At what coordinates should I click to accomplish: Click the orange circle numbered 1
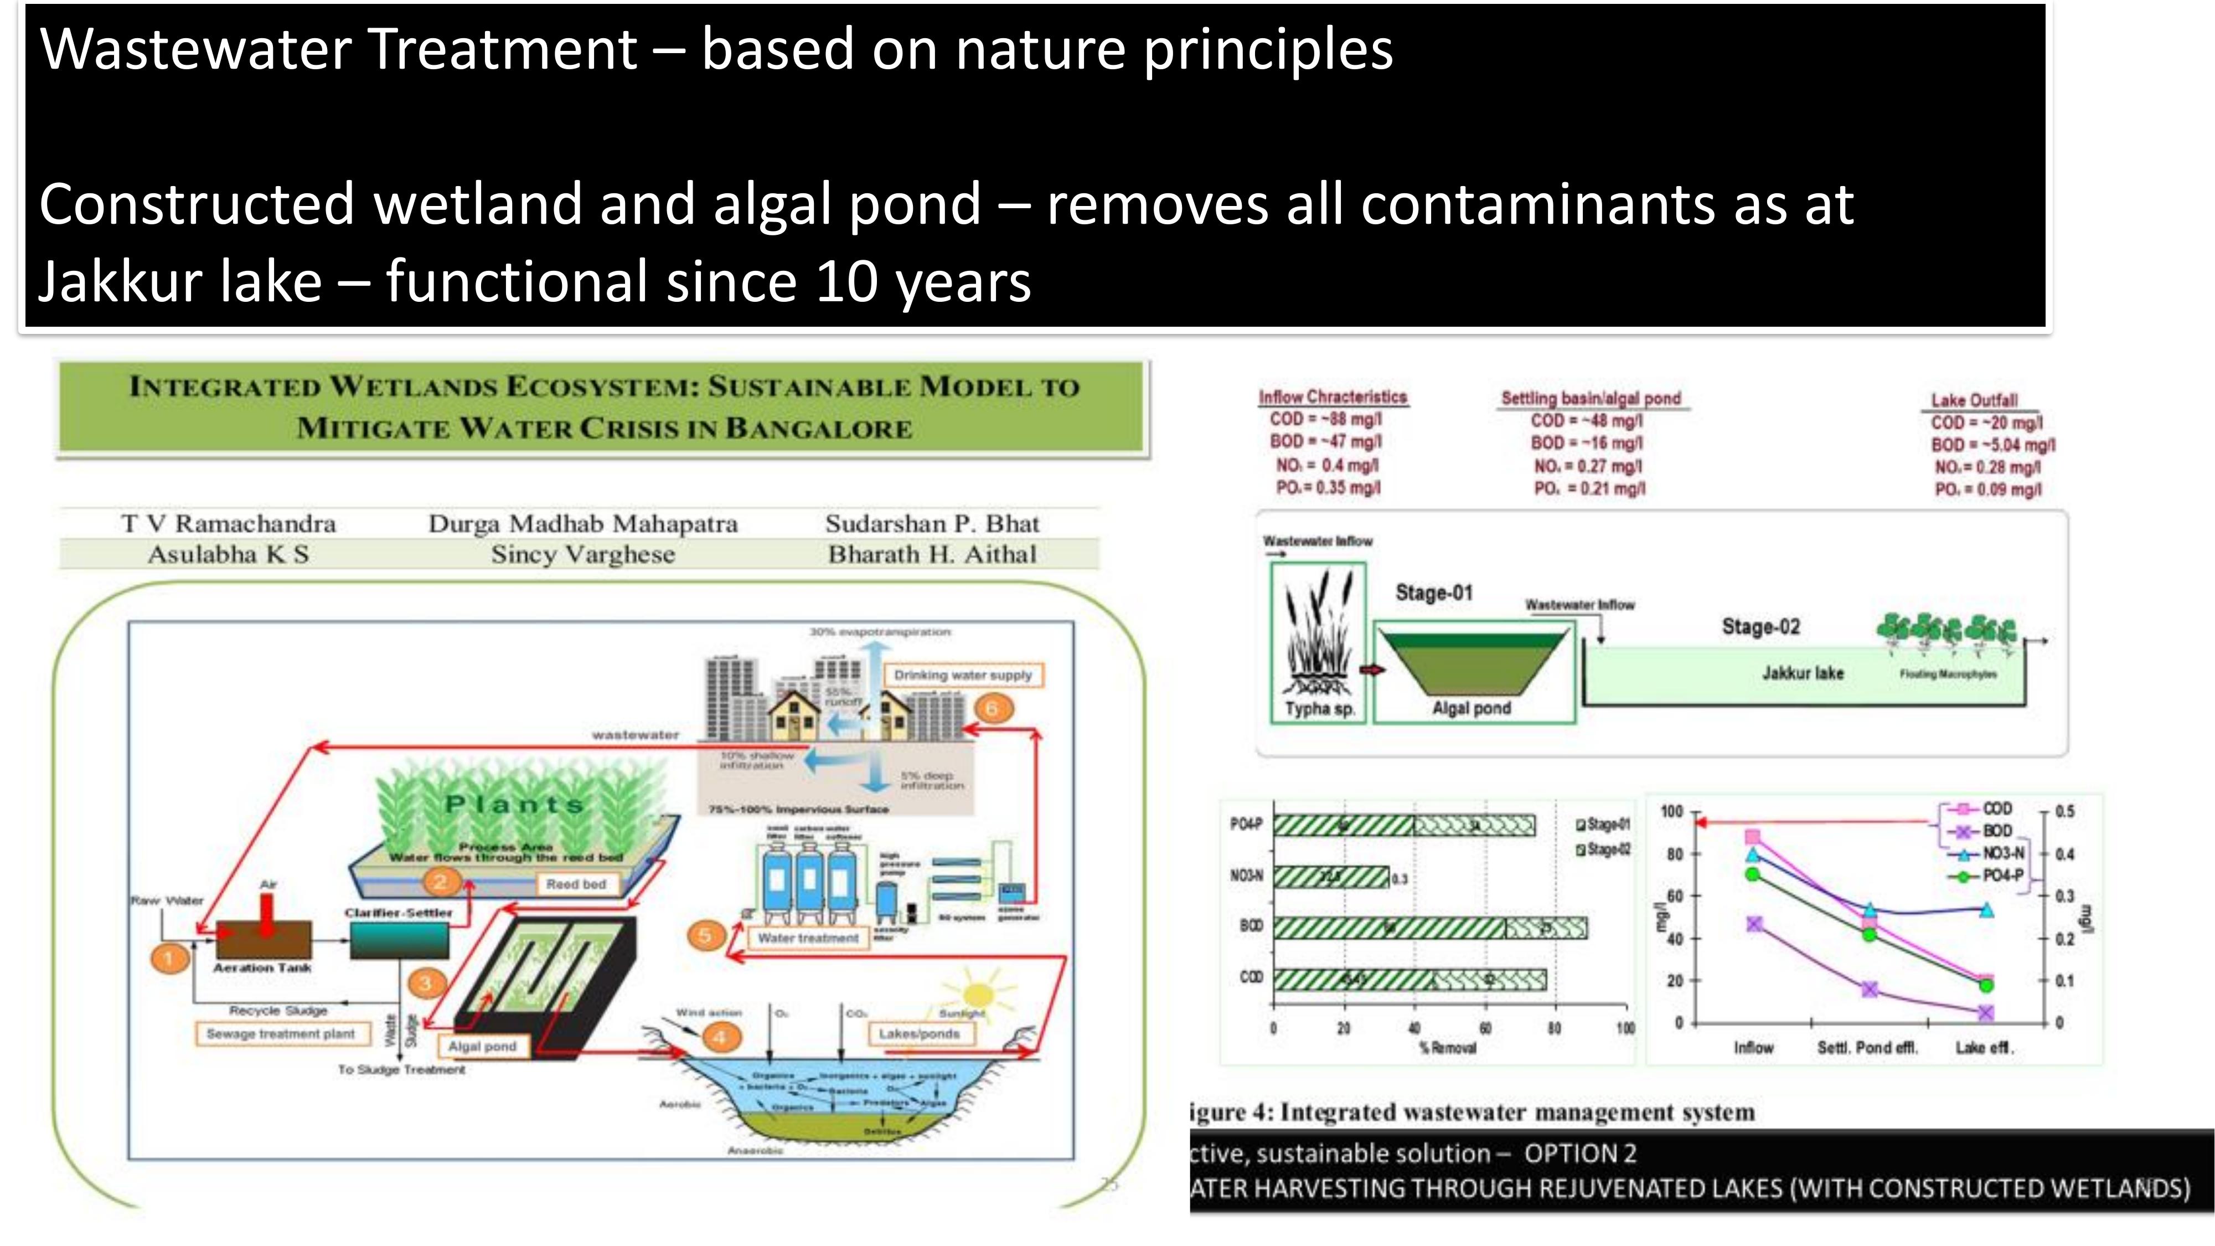point(168,958)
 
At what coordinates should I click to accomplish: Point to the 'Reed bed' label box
point(576,884)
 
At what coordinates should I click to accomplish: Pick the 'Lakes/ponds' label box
point(918,1033)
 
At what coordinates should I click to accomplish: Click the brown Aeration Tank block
point(262,940)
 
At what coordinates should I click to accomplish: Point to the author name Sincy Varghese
point(583,555)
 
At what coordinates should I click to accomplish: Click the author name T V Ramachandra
point(228,524)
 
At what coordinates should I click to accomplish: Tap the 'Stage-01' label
point(1433,593)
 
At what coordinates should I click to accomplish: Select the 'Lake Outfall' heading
point(1974,400)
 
